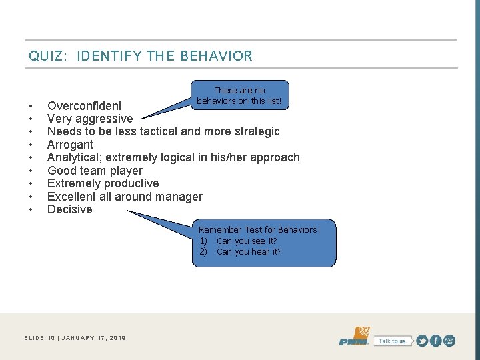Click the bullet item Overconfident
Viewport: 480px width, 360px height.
tap(85, 106)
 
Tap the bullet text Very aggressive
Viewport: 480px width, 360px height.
tap(90, 119)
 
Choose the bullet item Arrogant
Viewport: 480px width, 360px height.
tap(70, 145)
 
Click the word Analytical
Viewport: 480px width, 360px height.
tap(75, 157)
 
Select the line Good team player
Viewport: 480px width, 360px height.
tap(95, 171)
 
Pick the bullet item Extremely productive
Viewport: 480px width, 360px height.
tap(103, 183)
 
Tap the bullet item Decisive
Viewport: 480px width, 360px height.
tap(70, 209)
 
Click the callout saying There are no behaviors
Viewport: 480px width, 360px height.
tap(239, 95)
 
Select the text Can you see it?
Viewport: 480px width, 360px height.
tap(247, 241)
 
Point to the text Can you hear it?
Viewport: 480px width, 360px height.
tap(249, 251)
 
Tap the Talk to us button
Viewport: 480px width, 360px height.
tap(393, 341)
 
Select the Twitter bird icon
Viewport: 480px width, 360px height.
tap(422, 341)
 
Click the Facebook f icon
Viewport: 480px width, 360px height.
tap(435, 341)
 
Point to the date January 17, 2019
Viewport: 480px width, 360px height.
tap(94, 338)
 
